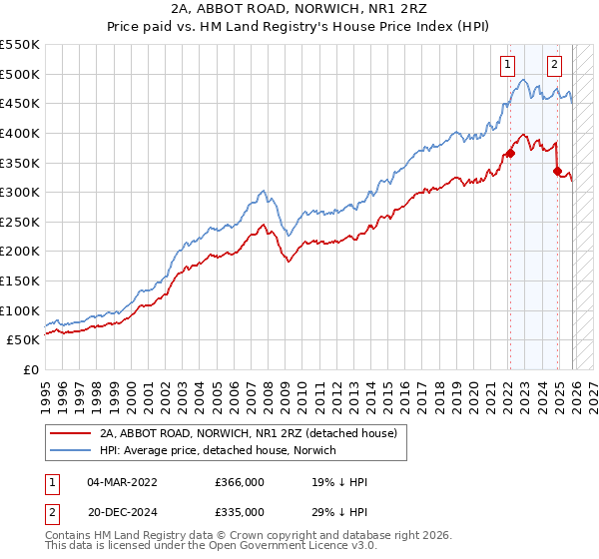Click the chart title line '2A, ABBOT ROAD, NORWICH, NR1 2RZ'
299,11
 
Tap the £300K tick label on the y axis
20,192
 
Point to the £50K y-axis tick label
24,340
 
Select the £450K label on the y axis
20,103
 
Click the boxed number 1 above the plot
508,66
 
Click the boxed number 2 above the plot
554,66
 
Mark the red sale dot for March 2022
509,153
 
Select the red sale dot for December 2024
557,171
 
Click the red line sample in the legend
71,433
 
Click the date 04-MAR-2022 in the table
122,482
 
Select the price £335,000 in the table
239,511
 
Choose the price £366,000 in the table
239,482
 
